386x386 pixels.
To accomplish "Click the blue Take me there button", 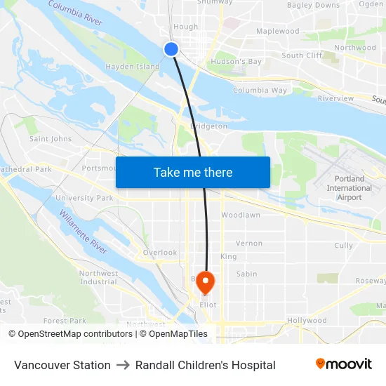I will (192, 172).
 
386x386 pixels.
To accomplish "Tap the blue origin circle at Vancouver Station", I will (171, 48).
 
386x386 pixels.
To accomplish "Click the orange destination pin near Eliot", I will (205, 283).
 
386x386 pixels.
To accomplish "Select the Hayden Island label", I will (133, 67).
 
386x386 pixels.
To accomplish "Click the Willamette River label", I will (83, 231).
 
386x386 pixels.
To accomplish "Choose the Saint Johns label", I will (50, 139).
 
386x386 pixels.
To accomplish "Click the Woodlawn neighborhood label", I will (240, 215).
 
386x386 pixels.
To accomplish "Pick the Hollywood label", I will (307, 321).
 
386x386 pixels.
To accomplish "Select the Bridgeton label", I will (208, 126).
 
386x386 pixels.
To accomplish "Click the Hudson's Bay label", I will (236, 62).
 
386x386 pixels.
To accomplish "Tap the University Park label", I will (84, 198).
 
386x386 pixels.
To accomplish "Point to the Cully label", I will (343, 246).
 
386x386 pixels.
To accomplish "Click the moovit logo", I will (344, 364).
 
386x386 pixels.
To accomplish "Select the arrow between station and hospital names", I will (123, 365).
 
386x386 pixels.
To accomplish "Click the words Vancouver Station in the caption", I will (62, 365).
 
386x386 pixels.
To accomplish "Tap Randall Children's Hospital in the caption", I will (205, 365).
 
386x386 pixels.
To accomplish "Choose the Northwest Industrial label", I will (98, 277).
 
